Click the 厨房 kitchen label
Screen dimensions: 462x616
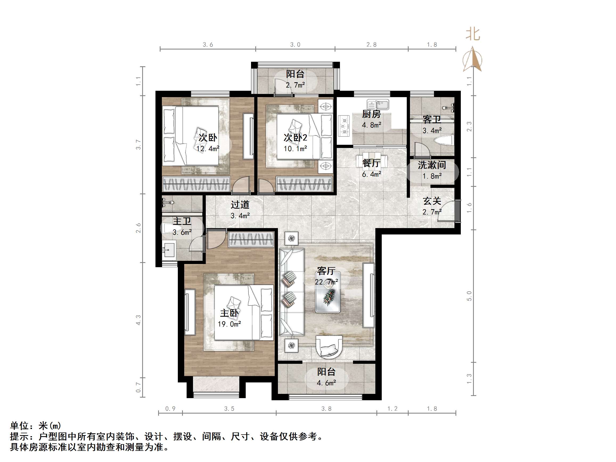[x=371, y=114]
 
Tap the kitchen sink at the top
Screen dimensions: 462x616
[x=378, y=105]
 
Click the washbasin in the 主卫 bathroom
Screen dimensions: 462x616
[x=169, y=250]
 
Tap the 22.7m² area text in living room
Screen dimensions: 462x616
[x=326, y=282]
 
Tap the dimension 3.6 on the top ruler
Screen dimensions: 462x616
[x=208, y=45]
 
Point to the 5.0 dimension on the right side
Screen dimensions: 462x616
[x=469, y=296]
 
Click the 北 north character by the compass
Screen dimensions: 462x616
[x=473, y=34]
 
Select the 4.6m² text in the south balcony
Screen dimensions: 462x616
[x=326, y=383]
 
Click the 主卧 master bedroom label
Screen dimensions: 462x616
[x=229, y=313]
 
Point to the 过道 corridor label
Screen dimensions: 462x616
[x=240, y=205]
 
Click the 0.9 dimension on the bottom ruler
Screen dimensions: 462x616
[x=170, y=409]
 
